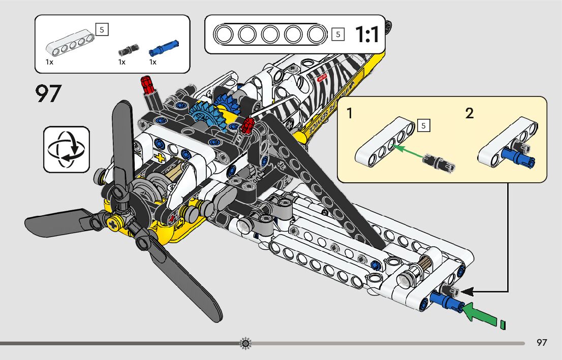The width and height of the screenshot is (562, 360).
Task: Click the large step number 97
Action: pyautogui.click(x=48, y=93)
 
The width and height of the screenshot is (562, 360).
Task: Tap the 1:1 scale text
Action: pyautogui.click(x=366, y=35)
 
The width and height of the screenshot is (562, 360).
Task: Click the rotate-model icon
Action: pyautogui.click(x=67, y=149)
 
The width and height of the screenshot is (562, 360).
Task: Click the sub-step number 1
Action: pyautogui.click(x=350, y=113)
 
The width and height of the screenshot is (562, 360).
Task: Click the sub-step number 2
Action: pyautogui.click(x=470, y=113)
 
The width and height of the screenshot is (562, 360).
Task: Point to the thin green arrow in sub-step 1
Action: pyautogui.click(x=409, y=152)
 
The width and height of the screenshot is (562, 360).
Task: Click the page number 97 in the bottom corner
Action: pyautogui.click(x=542, y=343)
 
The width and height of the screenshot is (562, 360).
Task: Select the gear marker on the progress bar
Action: pyautogui.click(x=245, y=344)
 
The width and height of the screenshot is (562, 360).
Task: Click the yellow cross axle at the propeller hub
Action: pyautogui.click(x=113, y=222)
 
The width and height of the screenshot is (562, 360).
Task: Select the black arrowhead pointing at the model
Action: pyautogui.click(x=468, y=292)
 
